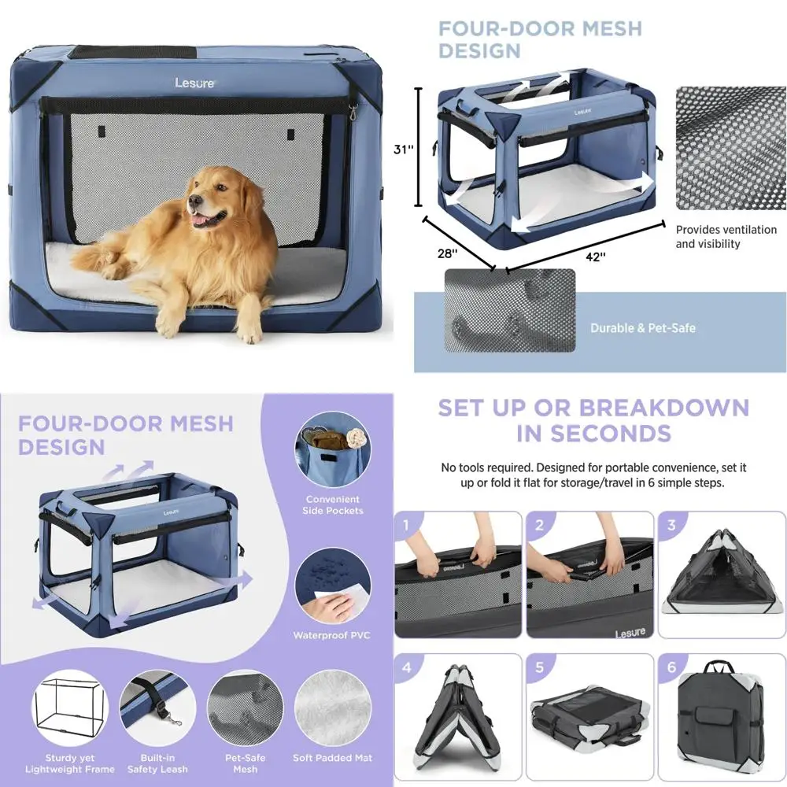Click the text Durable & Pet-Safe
click(x=643, y=328)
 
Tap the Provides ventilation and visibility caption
click(x=715, y=236)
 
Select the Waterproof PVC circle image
click(x=332, y=586)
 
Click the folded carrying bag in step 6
click(x=718, y=716)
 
